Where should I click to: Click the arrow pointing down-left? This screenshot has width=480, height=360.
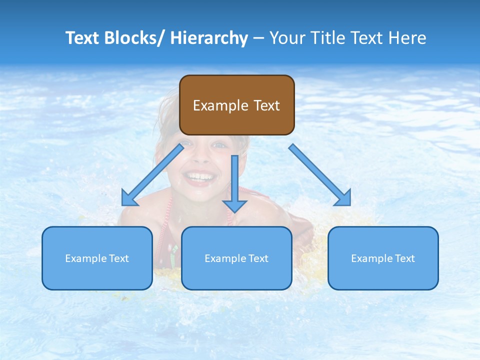(154, 173)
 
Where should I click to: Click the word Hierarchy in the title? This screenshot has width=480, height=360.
(209, 38)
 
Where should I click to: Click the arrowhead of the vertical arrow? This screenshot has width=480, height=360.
(234, 205)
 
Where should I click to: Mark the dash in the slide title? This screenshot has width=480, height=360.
(258, 38)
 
